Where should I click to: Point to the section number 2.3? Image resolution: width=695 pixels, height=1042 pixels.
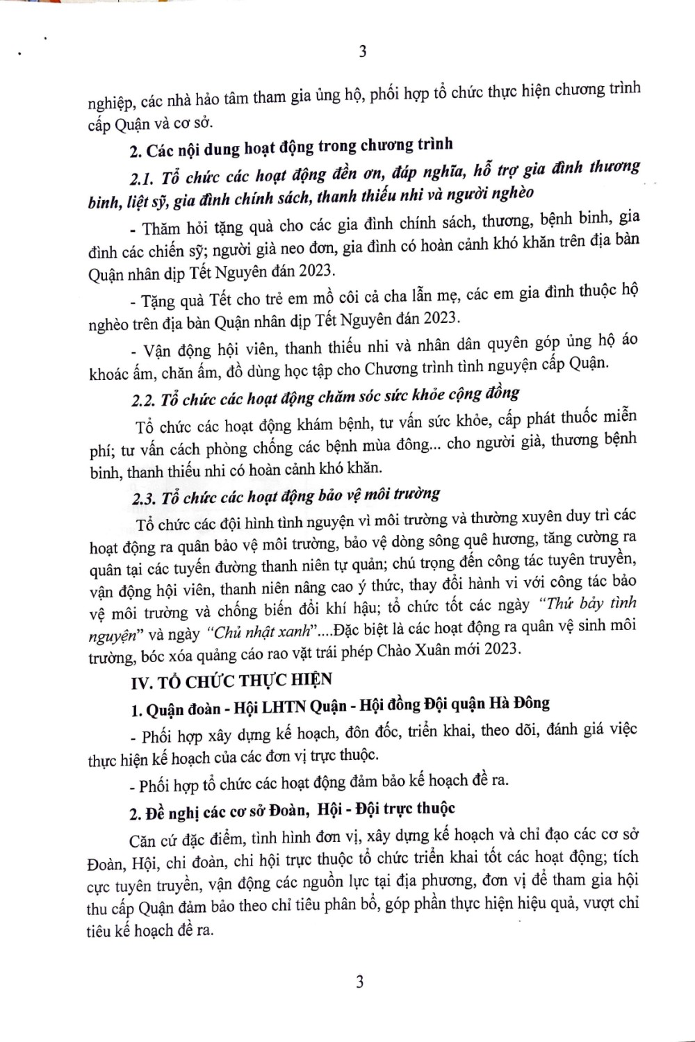point(144,499)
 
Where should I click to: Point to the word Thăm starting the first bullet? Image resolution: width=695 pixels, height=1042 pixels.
point(160,228)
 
